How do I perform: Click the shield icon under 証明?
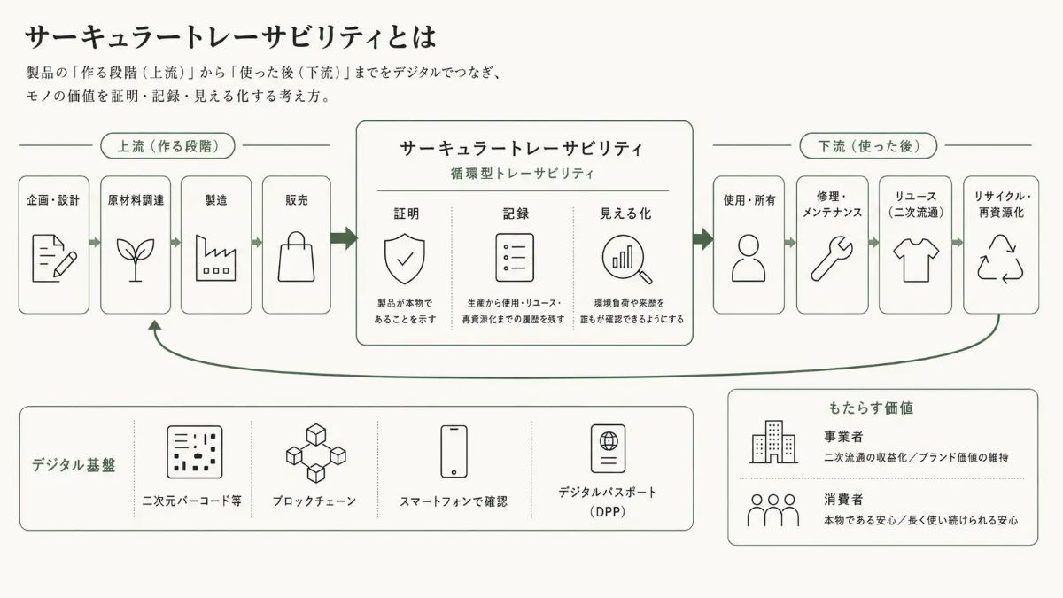coord(404,259)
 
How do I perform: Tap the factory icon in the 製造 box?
coord(216,258)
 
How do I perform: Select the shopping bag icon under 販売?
coord(296,257)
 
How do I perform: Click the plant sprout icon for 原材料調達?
coord(136,260)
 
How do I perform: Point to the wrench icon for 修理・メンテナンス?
coord(832,259)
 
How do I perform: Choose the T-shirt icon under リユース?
coord(916,260)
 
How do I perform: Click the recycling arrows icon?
coord(1000,259)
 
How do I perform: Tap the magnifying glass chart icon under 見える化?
coord(627,259)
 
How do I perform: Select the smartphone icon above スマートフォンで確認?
coord(454,451)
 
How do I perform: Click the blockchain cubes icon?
coord(316,453)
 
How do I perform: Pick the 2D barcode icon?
coord(195,452)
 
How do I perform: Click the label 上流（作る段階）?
coord(168,145)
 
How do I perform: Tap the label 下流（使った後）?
coord(868,145)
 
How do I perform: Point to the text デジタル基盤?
coord(74,465)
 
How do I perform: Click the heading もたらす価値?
coord(871,408)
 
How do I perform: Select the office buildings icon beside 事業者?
coord(773,442)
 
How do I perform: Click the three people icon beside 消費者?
coord(773,510)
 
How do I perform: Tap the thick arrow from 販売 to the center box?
coord(345,238)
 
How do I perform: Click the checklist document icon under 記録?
coord(515,258)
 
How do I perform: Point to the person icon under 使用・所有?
coord(749,258)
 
